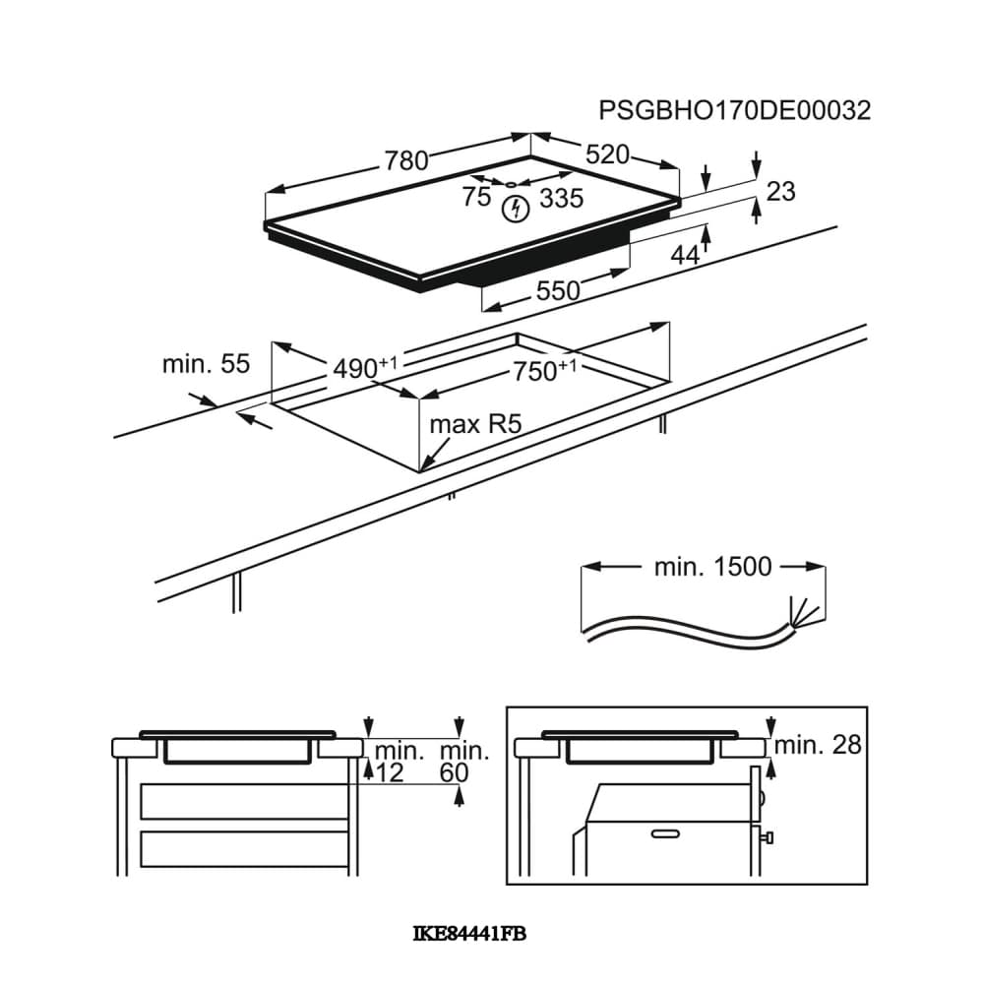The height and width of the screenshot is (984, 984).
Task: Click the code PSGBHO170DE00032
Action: click(734, 110)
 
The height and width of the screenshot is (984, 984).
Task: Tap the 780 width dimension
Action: click(406, 160)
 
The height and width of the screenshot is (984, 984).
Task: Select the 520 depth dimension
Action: click(607, 154)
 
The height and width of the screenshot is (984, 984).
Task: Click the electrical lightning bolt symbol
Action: click(516, 210)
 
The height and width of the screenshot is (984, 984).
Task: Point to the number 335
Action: click(562, 199)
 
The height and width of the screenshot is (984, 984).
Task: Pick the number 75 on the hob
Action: click(477, 197)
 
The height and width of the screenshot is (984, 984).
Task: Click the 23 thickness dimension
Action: click(780, 192)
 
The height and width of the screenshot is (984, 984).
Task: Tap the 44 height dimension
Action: click(685, 256)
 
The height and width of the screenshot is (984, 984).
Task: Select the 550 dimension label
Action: click(558, 290)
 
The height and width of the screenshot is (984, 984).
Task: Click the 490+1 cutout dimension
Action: click(365, 368)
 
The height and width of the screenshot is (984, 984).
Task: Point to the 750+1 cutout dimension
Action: click(544, 370)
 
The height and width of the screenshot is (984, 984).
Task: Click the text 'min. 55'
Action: click(206, 364)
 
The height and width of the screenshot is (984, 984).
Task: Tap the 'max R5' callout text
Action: click(475, 425)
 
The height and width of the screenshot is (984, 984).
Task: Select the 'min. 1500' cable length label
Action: click(712, 567)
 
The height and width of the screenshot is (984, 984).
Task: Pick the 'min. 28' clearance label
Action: click(818, 745)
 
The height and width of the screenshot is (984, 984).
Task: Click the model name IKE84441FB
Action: click(469, 935)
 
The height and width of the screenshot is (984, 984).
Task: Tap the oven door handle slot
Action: click(665, 834)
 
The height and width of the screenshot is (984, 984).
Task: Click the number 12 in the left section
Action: click(390, 773)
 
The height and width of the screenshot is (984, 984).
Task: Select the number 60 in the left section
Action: click(455, 773)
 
